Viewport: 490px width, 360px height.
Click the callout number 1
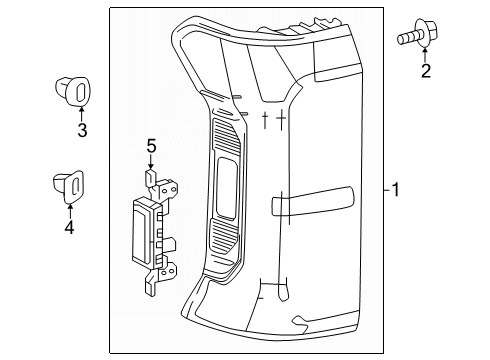395,190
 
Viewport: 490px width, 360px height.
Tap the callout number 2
426,71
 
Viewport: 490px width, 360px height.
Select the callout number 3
82,130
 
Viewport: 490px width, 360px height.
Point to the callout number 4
69,227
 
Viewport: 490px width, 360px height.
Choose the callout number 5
152,147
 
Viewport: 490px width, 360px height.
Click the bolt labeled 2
418,33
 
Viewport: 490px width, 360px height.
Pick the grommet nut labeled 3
73,90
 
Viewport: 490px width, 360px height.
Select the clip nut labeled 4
69,186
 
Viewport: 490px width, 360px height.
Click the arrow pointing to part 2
425,56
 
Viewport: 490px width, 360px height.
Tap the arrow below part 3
81,113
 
